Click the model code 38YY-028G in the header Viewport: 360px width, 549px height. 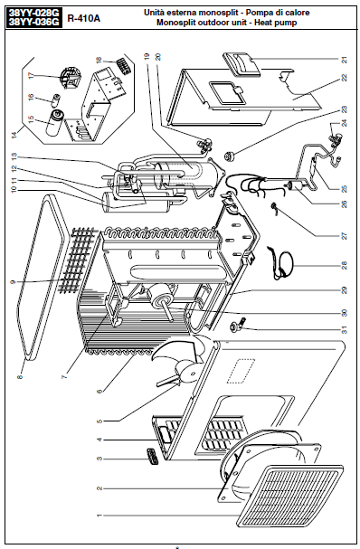tap(34, 13)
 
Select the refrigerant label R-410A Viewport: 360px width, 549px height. tap(84, 19)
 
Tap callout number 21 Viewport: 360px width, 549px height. tap(345, 60)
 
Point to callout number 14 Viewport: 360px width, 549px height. tap(14, 135)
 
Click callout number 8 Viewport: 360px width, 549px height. tap(20, 377)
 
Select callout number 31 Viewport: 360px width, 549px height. tap(345, 330)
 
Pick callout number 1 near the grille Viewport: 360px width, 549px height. tap(99, 516)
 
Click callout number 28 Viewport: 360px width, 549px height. tap(345, 265)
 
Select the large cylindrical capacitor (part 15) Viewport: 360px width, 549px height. tap(56, 122)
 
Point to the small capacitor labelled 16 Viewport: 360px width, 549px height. tap(56, 99)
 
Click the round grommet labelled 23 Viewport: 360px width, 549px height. tap(230, 156)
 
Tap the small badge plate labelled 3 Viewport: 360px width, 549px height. tap(151, 456)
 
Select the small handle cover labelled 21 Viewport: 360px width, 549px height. tap(242, 64)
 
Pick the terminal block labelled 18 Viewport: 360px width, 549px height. tap(124, 65)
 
